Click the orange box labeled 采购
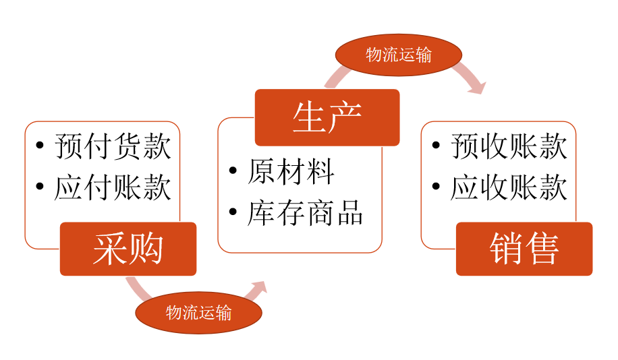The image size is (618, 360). pyautogui.click(x=128, y=249)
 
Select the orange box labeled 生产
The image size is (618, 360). pyautogui.click(x=327, y=117)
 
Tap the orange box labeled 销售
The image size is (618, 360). pyautogui.click(x=524, y=249)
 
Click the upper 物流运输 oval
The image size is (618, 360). pyautogui.click(x=399, y=55)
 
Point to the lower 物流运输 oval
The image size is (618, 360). pyautogui.click(x=198, y=312)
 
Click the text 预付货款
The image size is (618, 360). pyautogui.click(x=113, y=147)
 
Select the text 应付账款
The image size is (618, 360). pyautogui.click(x=113, y=187)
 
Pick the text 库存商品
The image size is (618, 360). pyautogui.click(x=306, y=212)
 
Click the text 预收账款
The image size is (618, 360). pyautogui.click(x=509, y=147)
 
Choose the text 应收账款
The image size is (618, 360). pyautogui.click(x=509, y=187)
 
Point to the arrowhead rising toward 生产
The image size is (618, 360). pyautogui.click(x=258, y=289)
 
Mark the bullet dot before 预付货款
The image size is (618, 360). pyautogui.click(x=40, y=147)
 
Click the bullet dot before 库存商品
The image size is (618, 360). pyautogui.click(x=233, y=212)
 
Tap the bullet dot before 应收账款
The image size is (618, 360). pyautogui.click(x=437, y=187)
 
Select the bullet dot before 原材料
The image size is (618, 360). pyautogui.click(x=233, y=172)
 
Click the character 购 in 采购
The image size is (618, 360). pyautogui.click(x=146, y=249)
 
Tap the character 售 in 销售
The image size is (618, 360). pyautogui.click(x=542, y=249)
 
